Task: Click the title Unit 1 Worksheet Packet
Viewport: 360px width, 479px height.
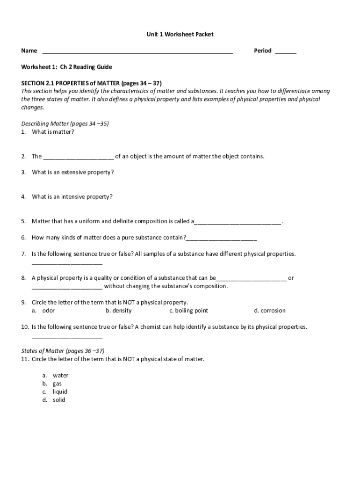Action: (x=180, y=34)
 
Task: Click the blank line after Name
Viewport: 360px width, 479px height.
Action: (x=137, y=52)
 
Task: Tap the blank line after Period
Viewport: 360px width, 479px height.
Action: (x=285, y=52)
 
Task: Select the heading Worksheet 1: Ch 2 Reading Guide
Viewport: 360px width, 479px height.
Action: (x=67, y=67)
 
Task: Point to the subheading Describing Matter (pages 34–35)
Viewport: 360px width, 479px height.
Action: (x=65, y=123)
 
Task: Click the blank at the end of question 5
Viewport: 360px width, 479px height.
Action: (x=238, y=222)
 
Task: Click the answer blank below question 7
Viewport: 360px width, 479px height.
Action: (x=67, y=263)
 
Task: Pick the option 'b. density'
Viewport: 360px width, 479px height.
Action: (x=119, y=311)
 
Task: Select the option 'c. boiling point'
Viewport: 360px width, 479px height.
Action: (x=189, y=311)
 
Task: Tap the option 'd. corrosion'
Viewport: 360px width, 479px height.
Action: (x=270, y=311)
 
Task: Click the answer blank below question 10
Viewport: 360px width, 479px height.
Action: (x=67, y=336)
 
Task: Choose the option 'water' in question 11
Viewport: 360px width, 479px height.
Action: (x=60, y=375)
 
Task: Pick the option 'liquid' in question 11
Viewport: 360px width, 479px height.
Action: (x=60, y=392)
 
